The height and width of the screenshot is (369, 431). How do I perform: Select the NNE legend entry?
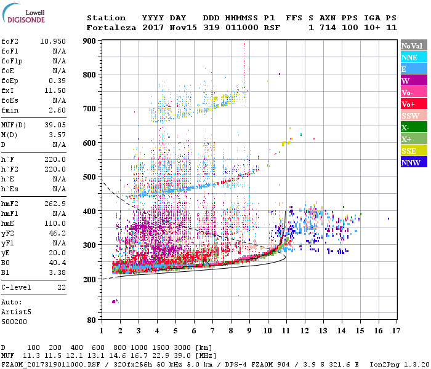(x=409, y=57)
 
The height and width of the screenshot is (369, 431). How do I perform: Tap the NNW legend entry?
(x=411, y=162)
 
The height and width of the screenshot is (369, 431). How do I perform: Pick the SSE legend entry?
(x=409, y=151)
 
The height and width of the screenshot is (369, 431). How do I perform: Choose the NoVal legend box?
(x=411, y=46)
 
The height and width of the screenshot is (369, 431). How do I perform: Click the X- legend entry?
(x=406, y=127)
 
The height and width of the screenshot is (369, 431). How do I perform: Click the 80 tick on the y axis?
(x=92, y=320)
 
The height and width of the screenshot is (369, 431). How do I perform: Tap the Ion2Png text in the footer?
(x=385, y=364)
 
